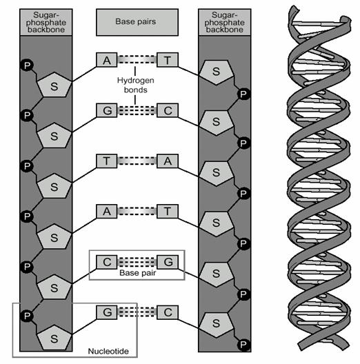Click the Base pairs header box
(x=137, y=22)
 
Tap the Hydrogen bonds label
(x=135, y=85)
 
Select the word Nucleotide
(x=108, y=351)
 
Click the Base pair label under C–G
(x=137, y=273)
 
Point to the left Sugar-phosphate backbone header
(x=46, y=22)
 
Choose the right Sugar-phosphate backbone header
(x=225, y=22)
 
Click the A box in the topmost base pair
(x=107, y=60)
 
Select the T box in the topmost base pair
(x=168, y=60)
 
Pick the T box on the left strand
(x=107, y=161)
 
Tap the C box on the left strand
(x=107, y=262)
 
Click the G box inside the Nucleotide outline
(x=107, y=312)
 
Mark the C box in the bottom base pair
(x=168, y=312)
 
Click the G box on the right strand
(x=168, y=262)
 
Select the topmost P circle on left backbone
(x=27, y=65)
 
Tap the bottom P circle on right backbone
(x=243, y=345)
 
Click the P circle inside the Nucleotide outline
(x=27, y=316)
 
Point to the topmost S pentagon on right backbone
(x=217, y=72)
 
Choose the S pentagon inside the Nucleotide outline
(x=54, y=338)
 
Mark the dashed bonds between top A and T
(x=137, y=59)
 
